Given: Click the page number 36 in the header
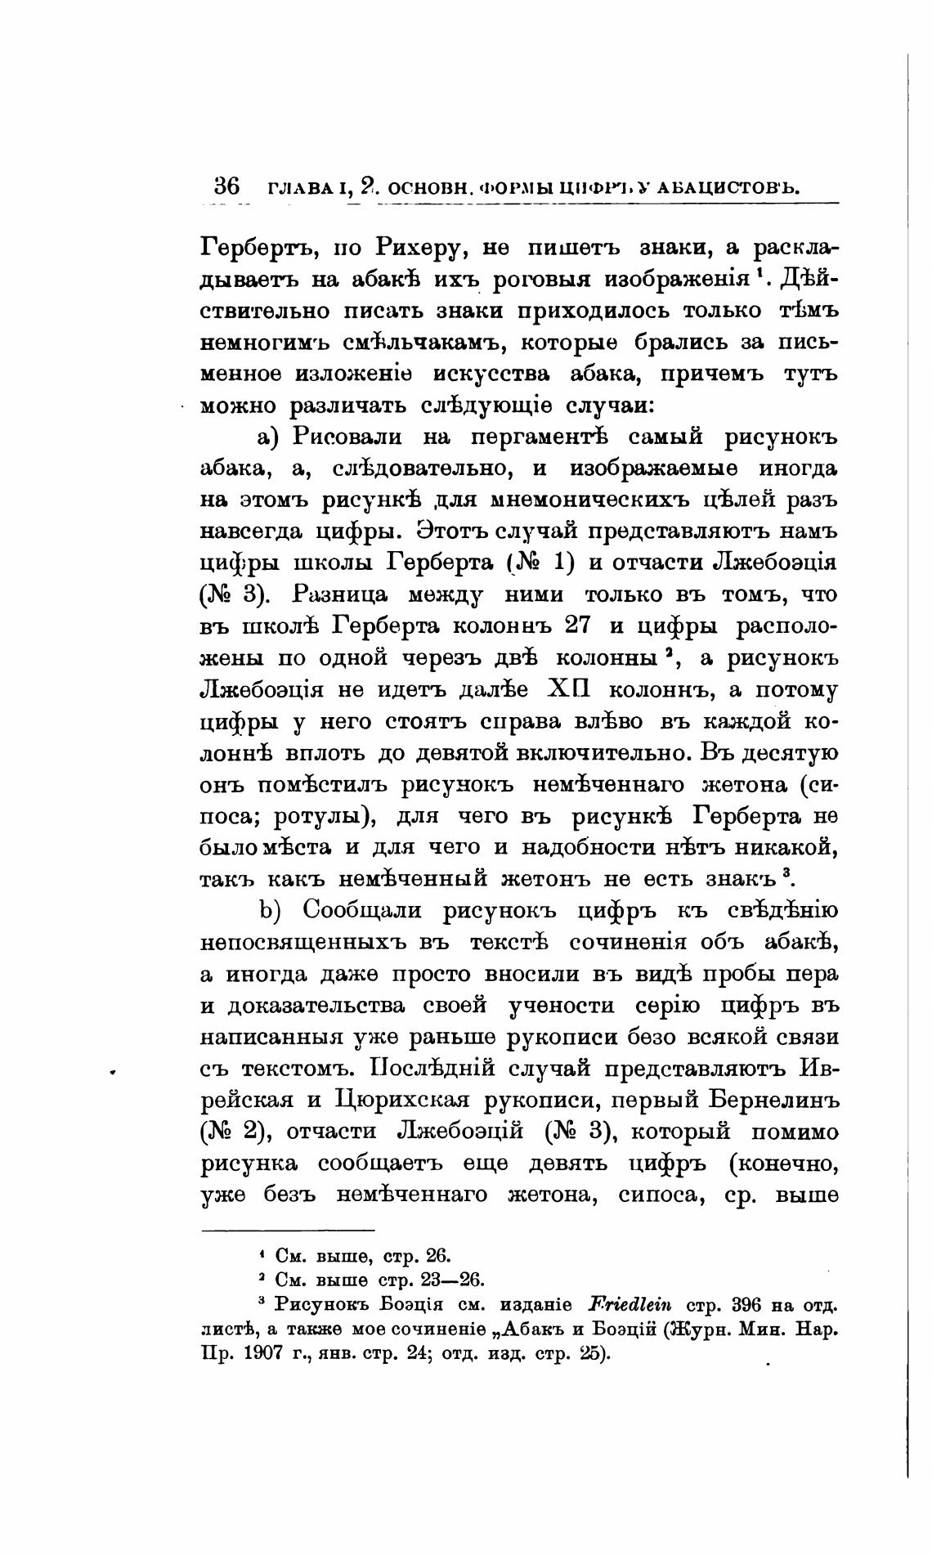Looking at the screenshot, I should (225, 186).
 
